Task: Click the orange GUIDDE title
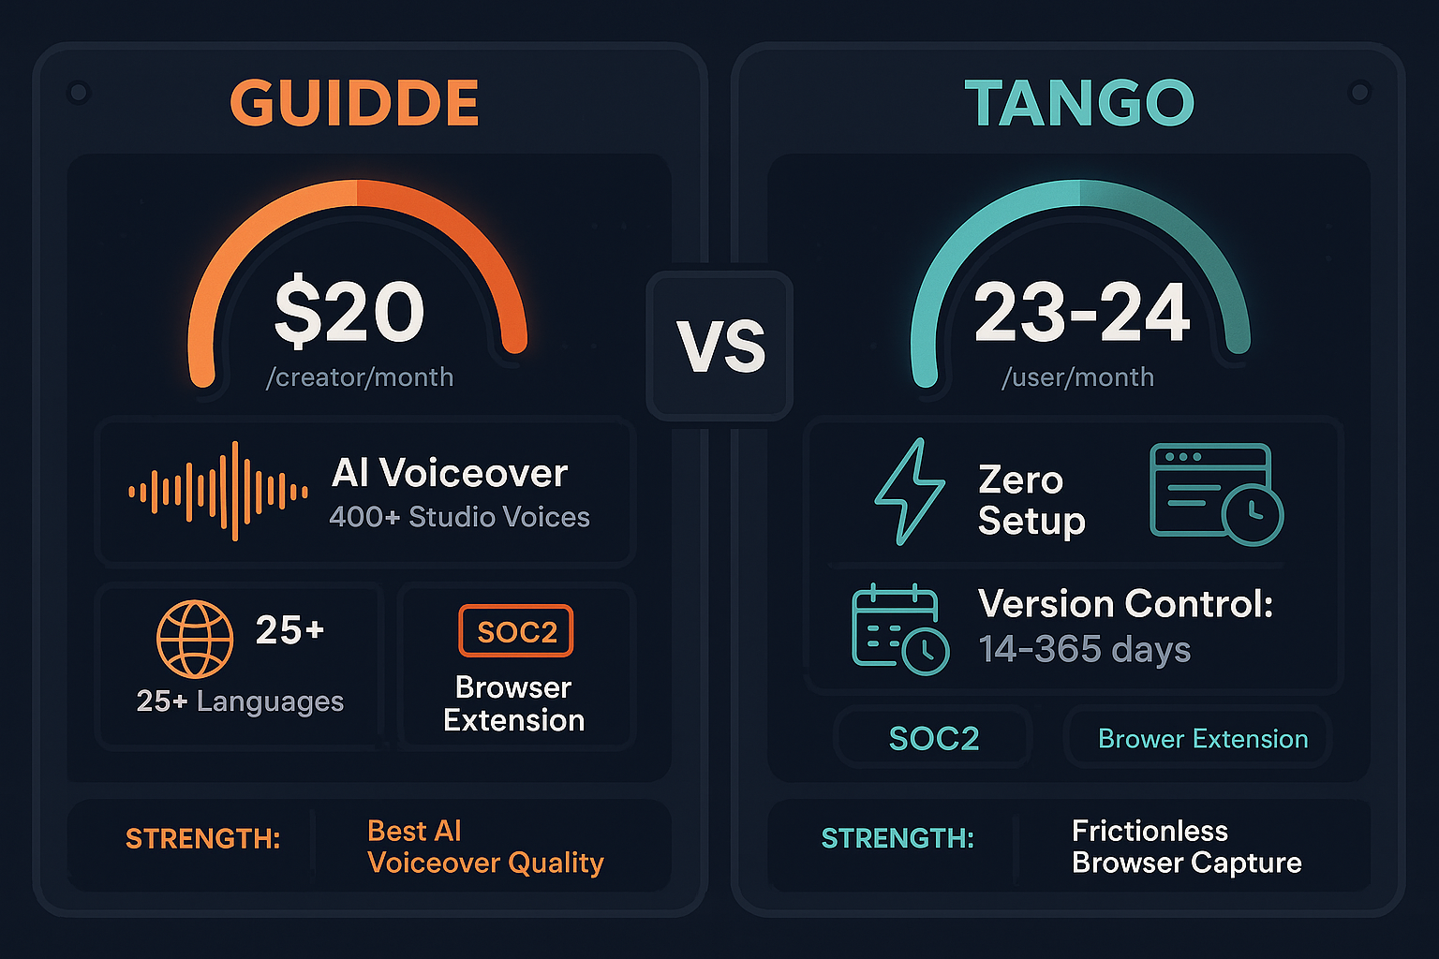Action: (354, 103)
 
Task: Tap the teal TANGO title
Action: (1079, 103)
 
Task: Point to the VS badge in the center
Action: (720, 346)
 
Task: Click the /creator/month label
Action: (360, 377)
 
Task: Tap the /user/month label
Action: (1077, 377)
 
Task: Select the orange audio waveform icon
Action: (218, 492)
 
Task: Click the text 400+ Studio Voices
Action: (459, 517)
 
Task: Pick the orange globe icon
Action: (195, 639)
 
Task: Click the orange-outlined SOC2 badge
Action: (516, 632)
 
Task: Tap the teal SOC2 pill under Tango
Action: (933, 739)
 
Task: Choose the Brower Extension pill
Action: (1202, 739)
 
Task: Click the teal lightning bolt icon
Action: (910, 492)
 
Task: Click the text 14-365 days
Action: (1084, 649)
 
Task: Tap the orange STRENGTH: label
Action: (202, 838)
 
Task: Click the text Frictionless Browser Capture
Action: (1186, 847)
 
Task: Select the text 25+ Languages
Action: (240, 701)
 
